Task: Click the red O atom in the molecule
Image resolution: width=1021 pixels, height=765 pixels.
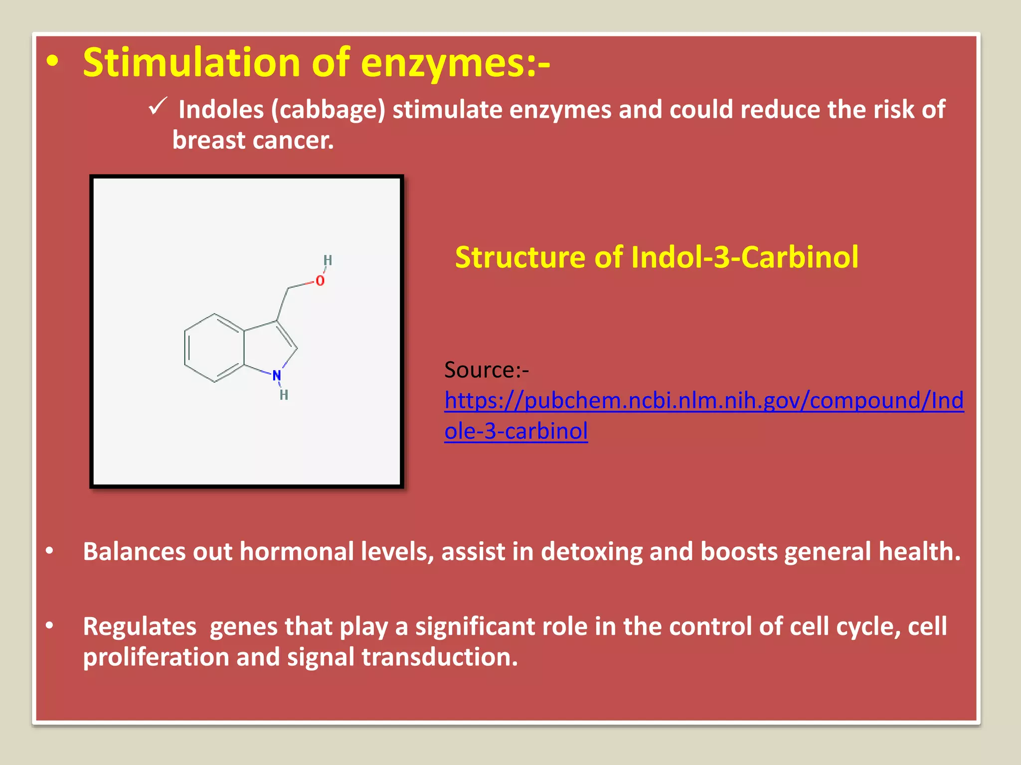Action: [x=320, y=281]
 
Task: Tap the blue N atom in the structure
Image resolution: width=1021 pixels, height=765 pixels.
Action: [x=277, y=375]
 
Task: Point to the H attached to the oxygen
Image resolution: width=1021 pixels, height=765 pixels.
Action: [x=328, y=260]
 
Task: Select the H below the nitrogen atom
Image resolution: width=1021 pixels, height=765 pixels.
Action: [x=284, y=395]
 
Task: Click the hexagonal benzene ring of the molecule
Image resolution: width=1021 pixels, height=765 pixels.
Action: [x=214, y=348]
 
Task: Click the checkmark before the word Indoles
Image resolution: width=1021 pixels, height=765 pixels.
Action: [x=158, y=107]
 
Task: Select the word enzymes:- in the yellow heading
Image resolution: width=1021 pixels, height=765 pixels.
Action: [x=455, y=63]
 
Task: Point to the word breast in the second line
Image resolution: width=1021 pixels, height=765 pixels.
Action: [x=209, y=140]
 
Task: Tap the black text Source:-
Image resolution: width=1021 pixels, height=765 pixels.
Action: [x=486, y=370]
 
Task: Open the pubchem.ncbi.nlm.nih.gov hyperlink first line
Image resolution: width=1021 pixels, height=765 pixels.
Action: [x=703, y=400]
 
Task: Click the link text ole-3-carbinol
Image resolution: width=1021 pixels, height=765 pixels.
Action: [x=516, y=431]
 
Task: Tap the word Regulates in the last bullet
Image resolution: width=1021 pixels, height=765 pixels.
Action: [x=140, y=627]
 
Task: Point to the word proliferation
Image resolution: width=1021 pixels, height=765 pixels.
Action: [x=156, y=657]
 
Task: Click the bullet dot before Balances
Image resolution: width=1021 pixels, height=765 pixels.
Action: [x=49, y=551]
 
